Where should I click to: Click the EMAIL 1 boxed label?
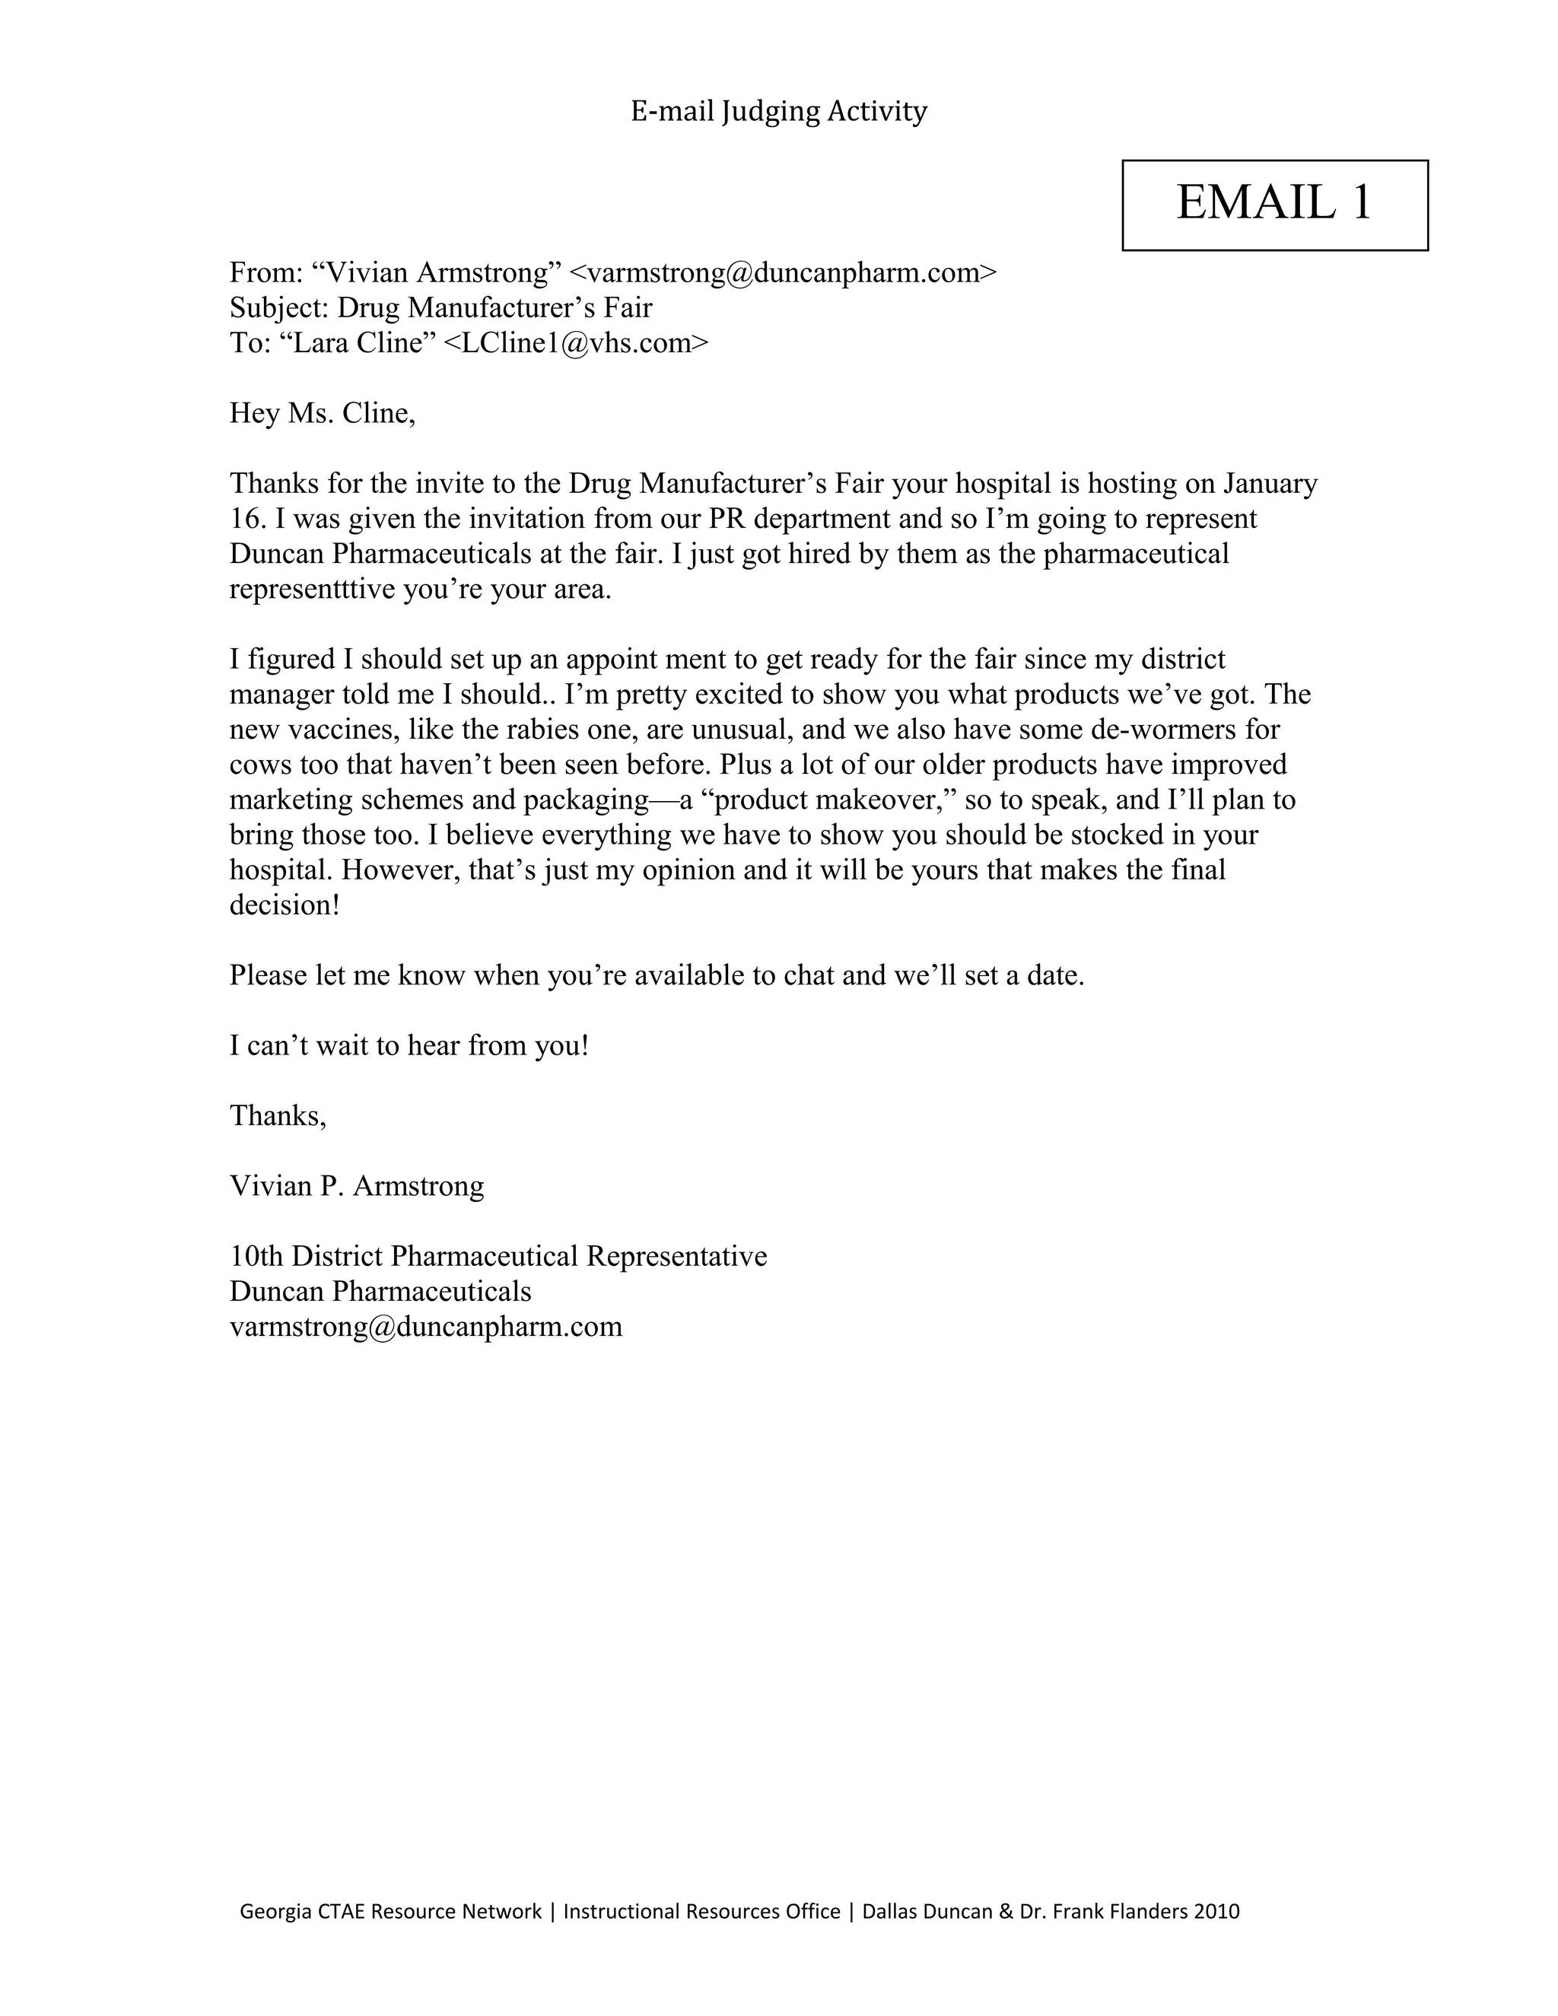pyautogui.click(x=1273, y=204)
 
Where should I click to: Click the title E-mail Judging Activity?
pyautogui.click(x=778, y=112)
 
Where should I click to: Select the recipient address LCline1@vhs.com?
pyautogui.click(x=576, y=343)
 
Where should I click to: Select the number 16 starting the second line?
pyautogui.click(x=246, y=519)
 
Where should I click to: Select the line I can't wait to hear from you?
pyautogui.click(x=408, y=1045)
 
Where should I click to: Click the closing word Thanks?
pyautogui.click(x=277, y=1115)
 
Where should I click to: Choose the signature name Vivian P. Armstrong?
pyautogui.click(x=356, y=1185)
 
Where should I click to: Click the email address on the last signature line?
pyautogui.click(x=425, y=1327)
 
